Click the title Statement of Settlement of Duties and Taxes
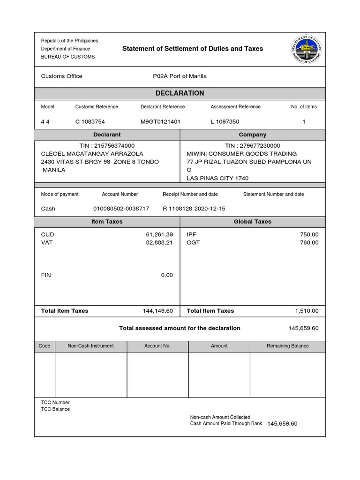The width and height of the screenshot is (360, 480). click(193, 49)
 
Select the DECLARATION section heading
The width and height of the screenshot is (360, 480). click(180, 93)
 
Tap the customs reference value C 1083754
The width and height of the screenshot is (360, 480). click(93, 122)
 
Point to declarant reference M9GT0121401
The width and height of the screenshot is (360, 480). click(160, 122)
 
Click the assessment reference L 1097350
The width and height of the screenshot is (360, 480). click(225, 122)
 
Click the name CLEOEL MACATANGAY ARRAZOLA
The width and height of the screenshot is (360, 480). click(92, 154)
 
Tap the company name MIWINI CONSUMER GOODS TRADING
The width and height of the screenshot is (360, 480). click(242, 154)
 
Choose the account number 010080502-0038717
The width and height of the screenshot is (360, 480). click(121, 209)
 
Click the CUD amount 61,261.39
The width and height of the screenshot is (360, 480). click(159, 234)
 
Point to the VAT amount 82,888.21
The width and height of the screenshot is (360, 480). click(159, 242)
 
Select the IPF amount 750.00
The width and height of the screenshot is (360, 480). click(309, 234)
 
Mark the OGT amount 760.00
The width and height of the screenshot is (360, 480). click(309, 242)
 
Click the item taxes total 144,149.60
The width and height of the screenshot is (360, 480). click(158, 311)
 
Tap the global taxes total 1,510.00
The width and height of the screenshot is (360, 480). click(307, 311)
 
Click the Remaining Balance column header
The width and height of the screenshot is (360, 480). click(287, 346)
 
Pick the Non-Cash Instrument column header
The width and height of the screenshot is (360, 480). click(90, 346)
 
